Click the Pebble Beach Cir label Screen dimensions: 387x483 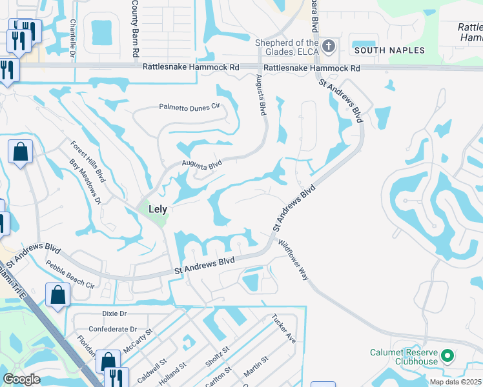pos(70,274)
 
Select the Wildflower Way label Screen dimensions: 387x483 pos(294,259)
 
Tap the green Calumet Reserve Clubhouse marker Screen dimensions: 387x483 pos(446,355)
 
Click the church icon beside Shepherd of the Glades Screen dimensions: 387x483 pos(329,46)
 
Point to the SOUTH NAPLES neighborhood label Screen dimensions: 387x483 pos(389,50)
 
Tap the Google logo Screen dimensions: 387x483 pos(21,379)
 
